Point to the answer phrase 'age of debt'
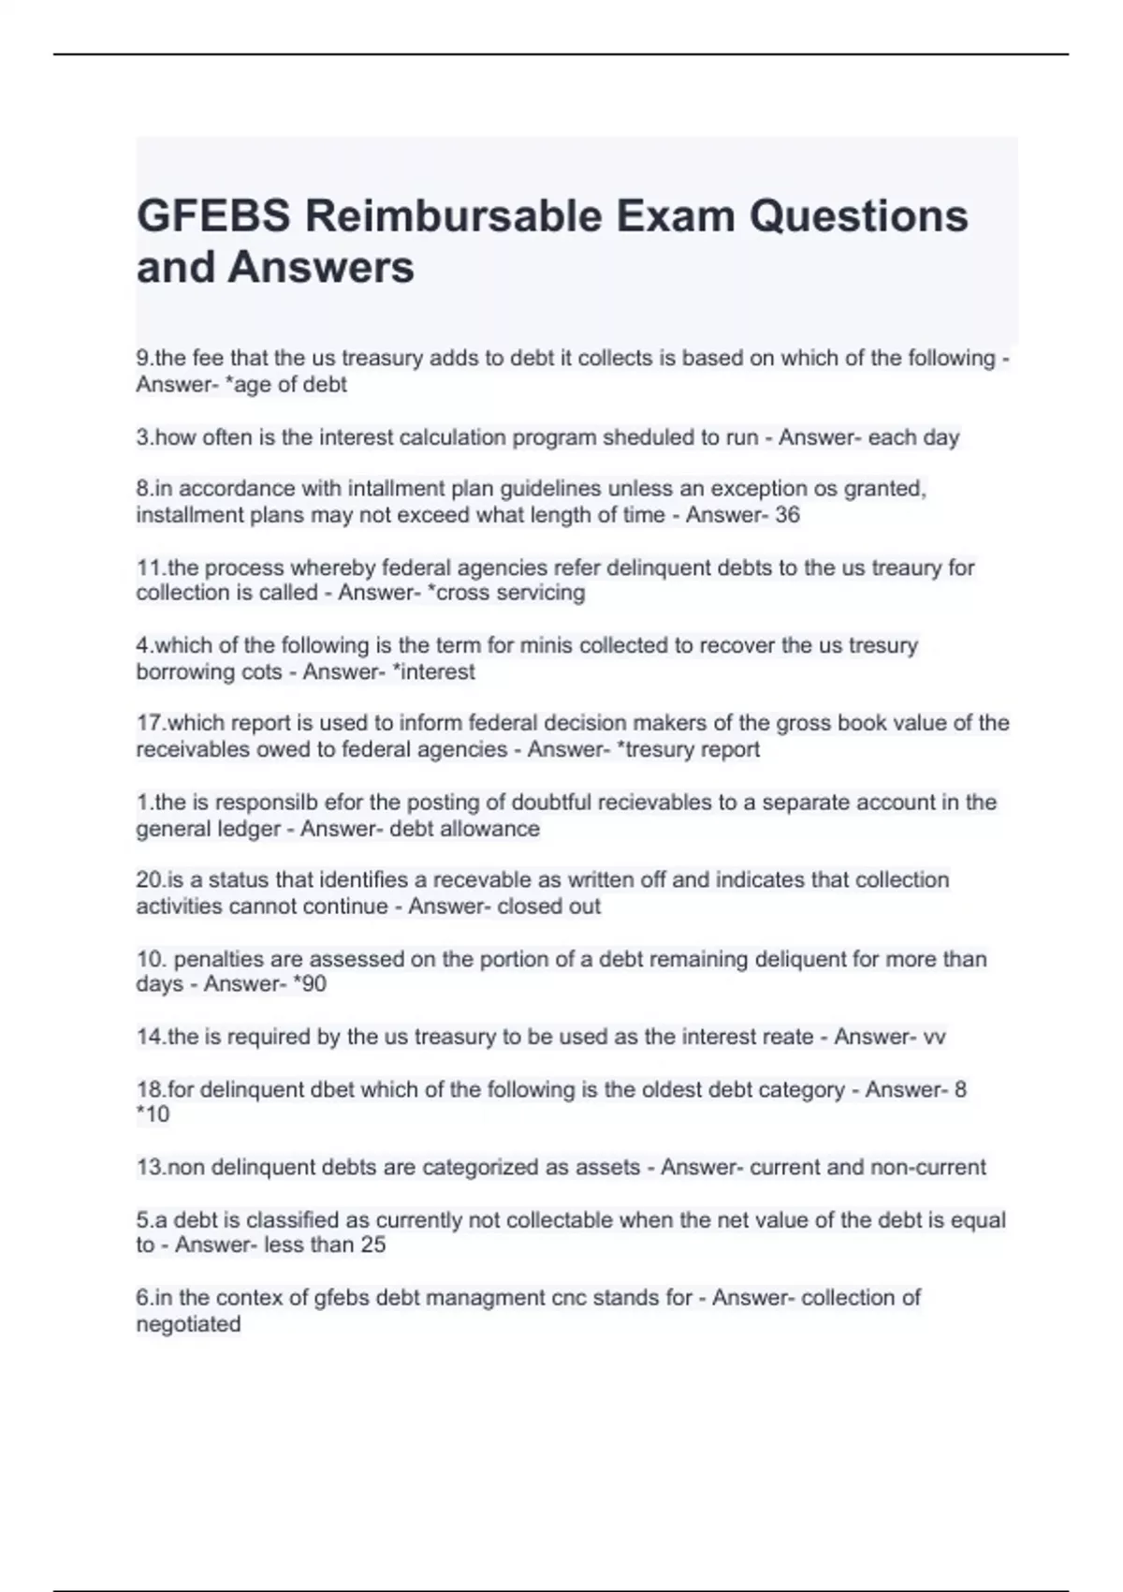pos(290,385)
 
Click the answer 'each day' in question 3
pos(913,437)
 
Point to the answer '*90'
pos(310,984)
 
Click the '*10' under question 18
pos(153,1114)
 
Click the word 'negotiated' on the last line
pos(189,1324)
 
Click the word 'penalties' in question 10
pos(218,959)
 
